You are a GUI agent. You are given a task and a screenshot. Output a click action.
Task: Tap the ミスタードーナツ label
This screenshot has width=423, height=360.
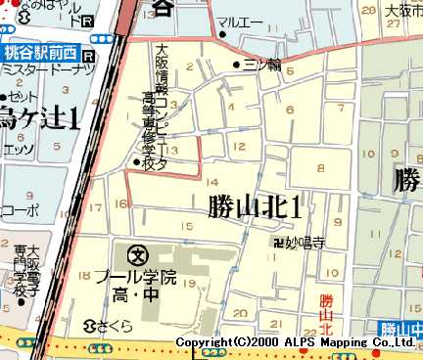(47, 70)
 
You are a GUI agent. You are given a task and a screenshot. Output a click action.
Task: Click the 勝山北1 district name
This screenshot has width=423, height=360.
(254, 206)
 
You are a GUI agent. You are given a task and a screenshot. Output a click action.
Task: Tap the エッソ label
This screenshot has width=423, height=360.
(19, 151)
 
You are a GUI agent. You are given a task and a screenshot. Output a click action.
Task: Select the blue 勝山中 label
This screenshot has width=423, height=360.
(400, 328)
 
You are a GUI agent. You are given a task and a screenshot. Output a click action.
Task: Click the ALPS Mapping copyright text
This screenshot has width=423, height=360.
(293, 341)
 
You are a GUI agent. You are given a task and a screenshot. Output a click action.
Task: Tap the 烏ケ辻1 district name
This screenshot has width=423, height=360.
(39, 121)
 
